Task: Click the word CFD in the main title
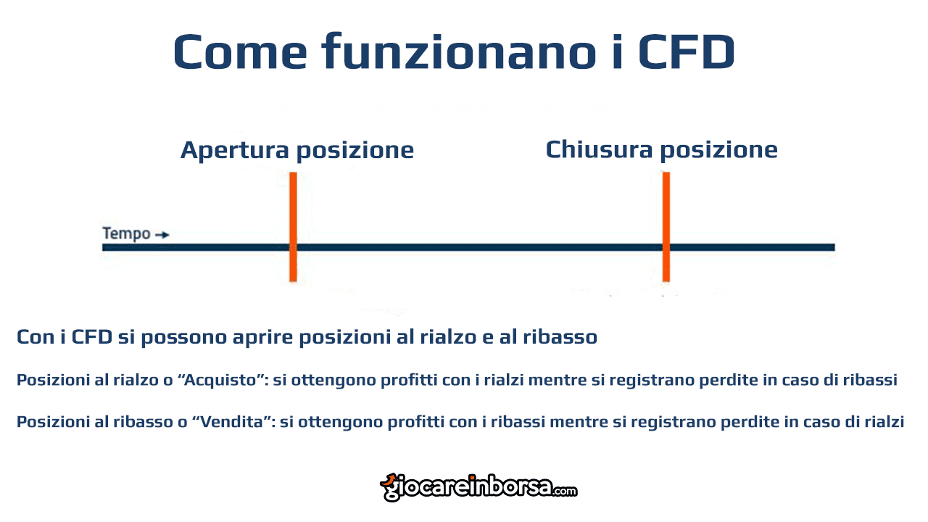tap(687, 51)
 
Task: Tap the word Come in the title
tap(240, 51)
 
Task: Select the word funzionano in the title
tap(459, 51)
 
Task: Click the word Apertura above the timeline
tap(234, 150)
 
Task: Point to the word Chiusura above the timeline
tap(599, 149)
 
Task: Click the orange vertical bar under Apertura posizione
tap(293, 227)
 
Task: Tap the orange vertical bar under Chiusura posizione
tap(666, 227)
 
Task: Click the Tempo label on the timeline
tap(126, 234)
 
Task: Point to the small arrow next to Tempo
tap(162, 236)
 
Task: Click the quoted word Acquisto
tap(222, 380)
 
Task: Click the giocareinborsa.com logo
tap(478, 488)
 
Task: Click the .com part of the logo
tap(564, 492)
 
